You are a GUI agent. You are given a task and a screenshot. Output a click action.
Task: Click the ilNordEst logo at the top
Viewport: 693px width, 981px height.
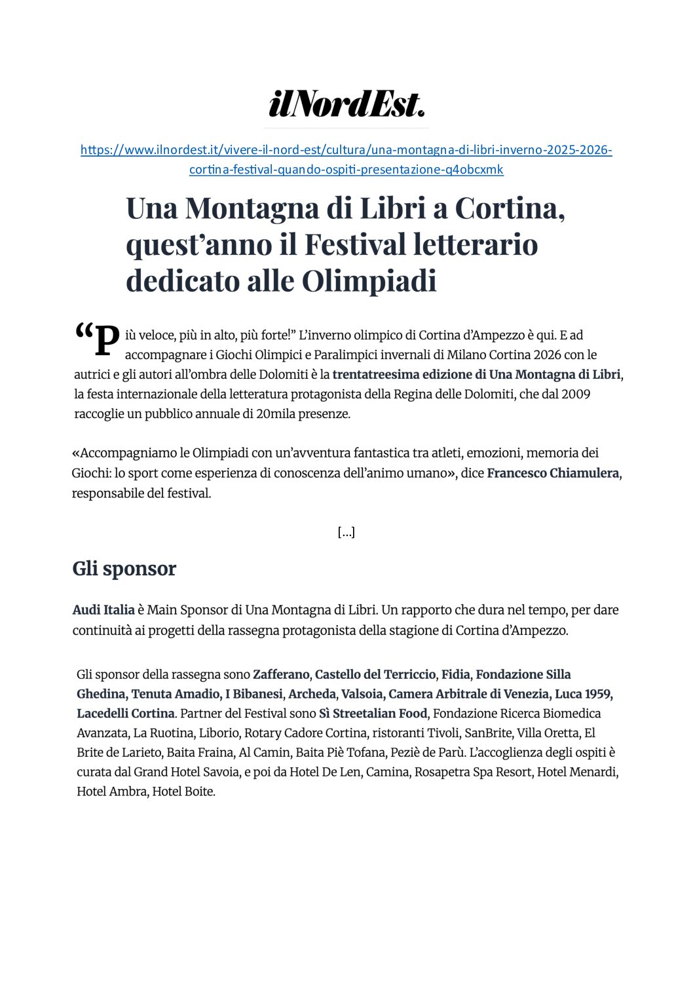tap(346, 104)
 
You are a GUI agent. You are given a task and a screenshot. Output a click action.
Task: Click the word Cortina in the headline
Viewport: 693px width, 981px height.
tap(509, 208)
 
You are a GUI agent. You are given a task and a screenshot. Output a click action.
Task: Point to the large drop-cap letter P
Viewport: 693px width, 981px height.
tap(107, 341)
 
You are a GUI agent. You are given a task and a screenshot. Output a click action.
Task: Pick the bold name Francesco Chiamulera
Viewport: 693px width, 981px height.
tap(553, 473)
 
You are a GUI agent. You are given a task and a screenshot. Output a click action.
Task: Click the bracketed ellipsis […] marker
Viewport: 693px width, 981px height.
tap(346, 532)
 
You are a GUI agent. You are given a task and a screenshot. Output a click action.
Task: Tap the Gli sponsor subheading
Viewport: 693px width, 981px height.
tap(124, 568)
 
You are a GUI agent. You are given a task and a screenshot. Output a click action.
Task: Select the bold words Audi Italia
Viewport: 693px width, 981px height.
tap(103, 610)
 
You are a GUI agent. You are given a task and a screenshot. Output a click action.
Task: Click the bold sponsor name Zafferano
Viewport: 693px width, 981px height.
tap(281, 674)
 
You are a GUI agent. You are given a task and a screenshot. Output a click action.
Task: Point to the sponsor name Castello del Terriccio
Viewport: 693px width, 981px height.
tap(375, 674)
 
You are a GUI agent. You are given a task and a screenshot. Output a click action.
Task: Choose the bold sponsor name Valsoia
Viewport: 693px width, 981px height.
tap(362, 694)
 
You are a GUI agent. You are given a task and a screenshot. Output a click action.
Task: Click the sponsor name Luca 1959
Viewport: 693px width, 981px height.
tap(582, 694)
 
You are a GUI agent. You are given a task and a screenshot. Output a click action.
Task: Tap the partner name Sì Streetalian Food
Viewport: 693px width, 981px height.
tap(373, 714)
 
